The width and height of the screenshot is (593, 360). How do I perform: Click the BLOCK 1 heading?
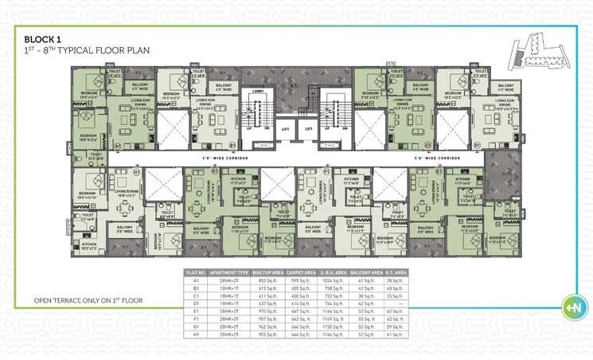point(44,38)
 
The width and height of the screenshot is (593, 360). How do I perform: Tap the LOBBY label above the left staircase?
point(257,92)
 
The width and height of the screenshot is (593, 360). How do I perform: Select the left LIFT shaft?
point(284,127)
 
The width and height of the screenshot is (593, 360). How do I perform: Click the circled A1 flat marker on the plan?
point(117,147)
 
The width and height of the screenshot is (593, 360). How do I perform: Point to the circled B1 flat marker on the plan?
point(232,147)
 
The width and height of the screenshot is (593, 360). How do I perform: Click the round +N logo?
point(549,307)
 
